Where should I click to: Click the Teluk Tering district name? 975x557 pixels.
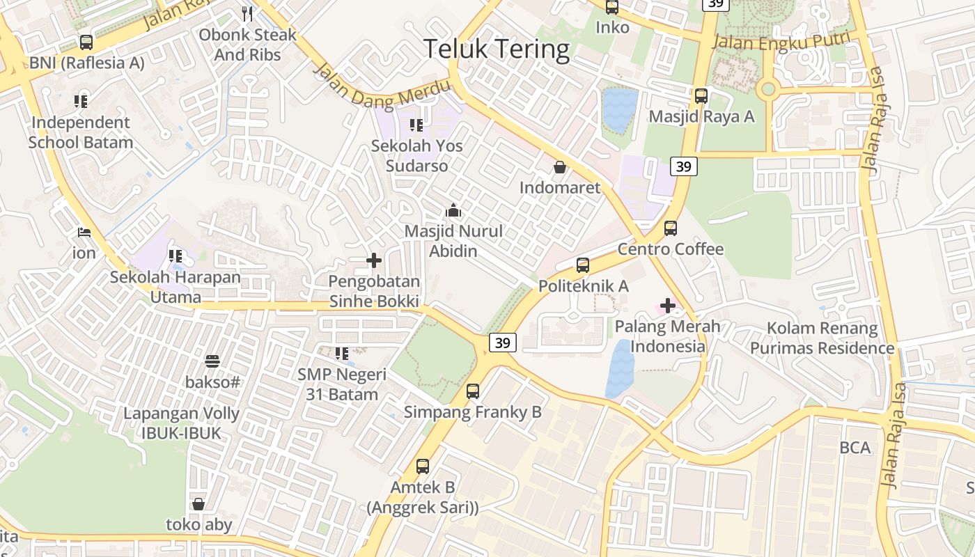click(497, 49)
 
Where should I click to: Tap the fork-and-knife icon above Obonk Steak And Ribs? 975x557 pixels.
click(247, 13)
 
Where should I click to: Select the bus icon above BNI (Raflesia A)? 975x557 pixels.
click(86, 42)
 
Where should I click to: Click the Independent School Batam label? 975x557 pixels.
click(80, 132)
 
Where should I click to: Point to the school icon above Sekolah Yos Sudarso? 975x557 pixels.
click(416, 125)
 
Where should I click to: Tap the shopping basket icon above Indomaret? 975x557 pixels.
click(559, 167)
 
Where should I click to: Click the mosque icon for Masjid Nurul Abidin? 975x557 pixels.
click(453, 210)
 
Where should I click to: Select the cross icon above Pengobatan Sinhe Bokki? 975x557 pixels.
click(374, 260)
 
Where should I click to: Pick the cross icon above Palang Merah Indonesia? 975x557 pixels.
click(668, 305)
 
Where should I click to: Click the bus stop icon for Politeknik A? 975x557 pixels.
click(583, 265)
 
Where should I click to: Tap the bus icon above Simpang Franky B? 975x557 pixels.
click(473, 391)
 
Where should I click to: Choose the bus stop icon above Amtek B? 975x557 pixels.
click(423, 466)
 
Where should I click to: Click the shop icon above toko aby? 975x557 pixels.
click(198, 504)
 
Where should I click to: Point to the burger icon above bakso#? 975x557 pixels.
click(212, 361)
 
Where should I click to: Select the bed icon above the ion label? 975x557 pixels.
click(84, 232)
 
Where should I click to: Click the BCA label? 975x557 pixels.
click(855, 448)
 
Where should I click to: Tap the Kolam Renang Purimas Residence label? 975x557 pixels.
click(822, 338)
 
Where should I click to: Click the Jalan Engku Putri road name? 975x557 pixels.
click(783, 41)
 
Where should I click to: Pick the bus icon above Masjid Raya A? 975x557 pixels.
click(701, 96)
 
